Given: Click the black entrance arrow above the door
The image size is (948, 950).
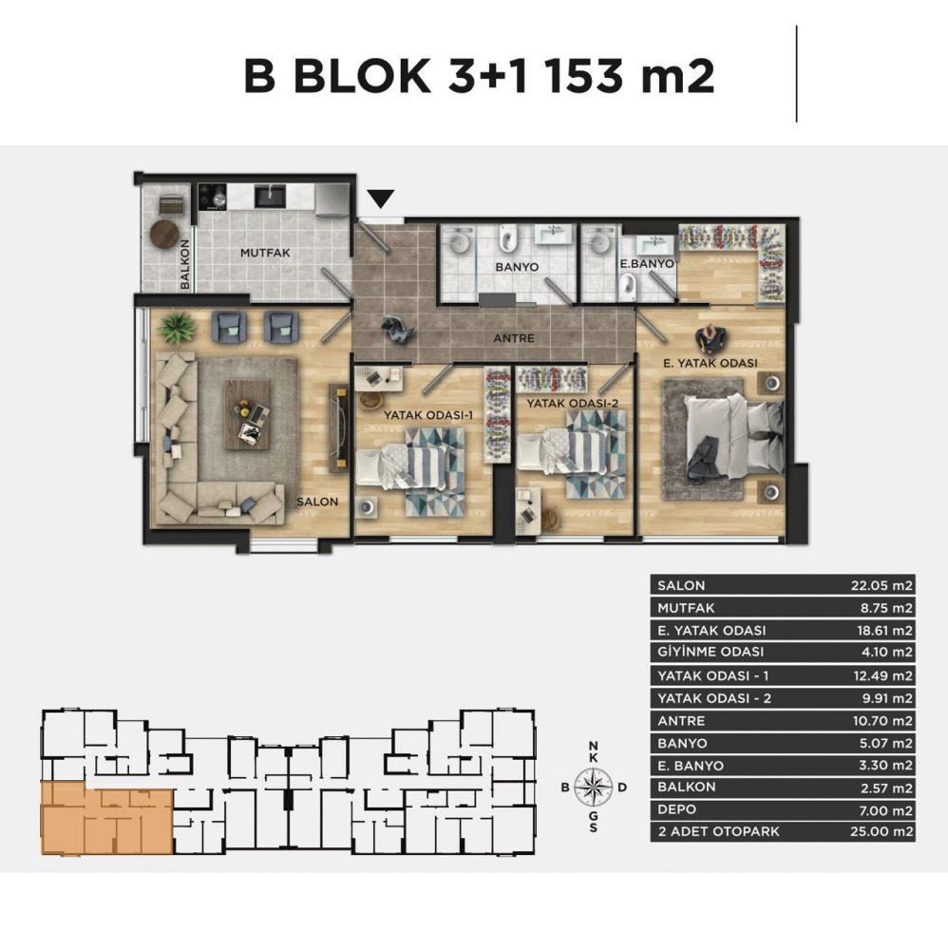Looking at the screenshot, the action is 381,199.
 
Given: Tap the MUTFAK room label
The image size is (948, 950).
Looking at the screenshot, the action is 265,253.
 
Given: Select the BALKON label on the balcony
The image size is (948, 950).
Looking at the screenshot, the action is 184,264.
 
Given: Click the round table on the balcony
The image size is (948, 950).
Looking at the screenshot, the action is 164,234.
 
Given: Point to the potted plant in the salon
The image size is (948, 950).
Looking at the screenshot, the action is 177,329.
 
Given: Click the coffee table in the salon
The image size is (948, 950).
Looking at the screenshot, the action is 247,415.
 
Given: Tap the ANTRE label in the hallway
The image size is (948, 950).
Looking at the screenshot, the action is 514,338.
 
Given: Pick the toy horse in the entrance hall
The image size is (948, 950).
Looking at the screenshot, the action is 397,331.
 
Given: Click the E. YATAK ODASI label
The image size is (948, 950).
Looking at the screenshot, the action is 710,363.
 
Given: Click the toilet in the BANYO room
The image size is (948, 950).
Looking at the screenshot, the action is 508,237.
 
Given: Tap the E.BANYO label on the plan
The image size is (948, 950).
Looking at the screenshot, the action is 646,263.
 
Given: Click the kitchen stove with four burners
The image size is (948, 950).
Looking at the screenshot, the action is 213,197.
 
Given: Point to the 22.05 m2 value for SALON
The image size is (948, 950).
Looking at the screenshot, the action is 882,585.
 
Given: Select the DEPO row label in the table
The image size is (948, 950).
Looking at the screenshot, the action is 676,809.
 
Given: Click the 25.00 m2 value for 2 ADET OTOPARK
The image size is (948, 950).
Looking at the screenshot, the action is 882,831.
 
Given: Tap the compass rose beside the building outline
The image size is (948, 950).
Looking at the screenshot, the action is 593,787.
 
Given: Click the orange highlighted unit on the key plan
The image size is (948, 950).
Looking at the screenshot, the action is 106,818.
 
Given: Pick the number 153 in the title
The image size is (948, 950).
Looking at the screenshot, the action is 583,76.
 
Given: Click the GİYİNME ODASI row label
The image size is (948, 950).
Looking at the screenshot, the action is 711,652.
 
